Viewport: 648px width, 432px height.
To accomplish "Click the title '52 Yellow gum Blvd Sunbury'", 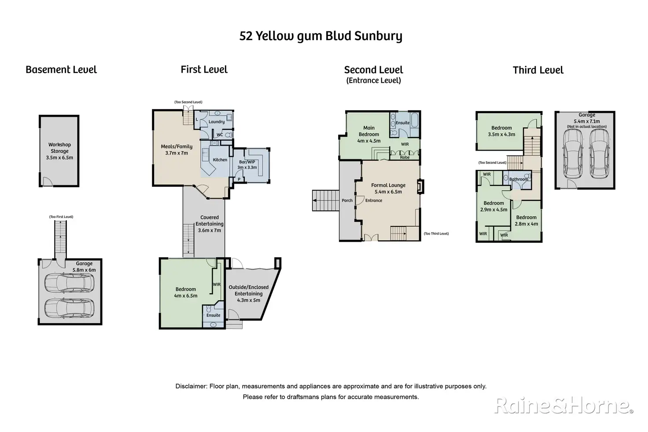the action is (x=320, y=36).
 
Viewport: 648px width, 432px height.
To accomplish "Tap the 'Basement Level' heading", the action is (x=61, y=70).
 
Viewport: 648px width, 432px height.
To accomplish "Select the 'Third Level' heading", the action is (x=538, y=70).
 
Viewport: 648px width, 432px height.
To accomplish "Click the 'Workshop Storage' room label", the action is (x=59, y=148).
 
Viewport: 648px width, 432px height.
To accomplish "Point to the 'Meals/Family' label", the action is (x=177, y=147).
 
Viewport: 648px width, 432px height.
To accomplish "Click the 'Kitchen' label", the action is (x=220, y=160).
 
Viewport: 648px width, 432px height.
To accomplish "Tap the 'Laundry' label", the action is (x=217, y=122).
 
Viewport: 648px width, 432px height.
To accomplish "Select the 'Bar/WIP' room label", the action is (x=247, y=162).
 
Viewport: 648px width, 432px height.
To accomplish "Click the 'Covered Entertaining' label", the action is (x=210, y=221).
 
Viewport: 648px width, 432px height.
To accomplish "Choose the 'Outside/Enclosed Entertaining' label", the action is (x=248, y=291).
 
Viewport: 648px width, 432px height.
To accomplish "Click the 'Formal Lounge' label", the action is (x=388, y=185).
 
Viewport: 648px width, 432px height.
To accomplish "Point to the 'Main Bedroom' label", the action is (x=369, y=131).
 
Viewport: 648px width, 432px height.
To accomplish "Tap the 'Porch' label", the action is (x=347, y=200).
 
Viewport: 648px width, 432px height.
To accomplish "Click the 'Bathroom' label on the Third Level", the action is (x=519, y=179).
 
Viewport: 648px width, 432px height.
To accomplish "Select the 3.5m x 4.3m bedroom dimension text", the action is (x=501, y=134).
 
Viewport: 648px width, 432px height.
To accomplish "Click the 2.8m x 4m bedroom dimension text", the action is (x=526, y=224).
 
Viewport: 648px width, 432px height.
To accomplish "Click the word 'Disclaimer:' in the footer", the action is (x=191, y=386).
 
